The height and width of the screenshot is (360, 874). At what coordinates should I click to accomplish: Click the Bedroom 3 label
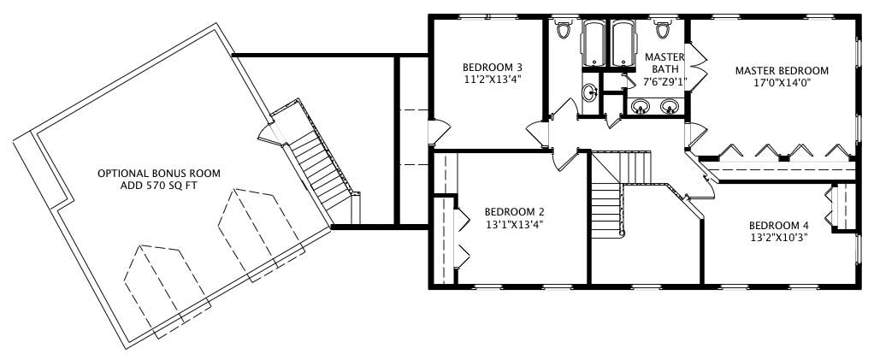pos(492,68)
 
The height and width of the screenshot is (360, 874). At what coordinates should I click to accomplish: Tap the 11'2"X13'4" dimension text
pos(492,80)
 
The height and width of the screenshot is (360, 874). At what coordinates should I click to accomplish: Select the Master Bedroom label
pos(782,70)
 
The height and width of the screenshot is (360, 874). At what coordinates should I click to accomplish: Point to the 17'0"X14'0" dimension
pos(782,83)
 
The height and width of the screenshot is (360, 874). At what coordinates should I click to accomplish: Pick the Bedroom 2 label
pos(514,212)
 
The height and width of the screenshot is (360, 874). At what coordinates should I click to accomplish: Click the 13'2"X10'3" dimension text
pos(777,237)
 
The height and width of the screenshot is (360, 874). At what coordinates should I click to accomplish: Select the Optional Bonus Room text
pos(158,173)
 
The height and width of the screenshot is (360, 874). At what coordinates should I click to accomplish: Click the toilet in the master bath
pos(663,30)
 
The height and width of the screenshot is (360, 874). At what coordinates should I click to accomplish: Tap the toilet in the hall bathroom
pos(563,30)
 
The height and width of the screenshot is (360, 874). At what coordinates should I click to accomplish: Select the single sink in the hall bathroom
pos(589,91)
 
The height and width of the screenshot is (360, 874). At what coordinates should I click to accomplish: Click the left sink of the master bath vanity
pos(641,107)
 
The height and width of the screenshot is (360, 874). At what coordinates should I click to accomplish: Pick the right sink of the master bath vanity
pos(670,107)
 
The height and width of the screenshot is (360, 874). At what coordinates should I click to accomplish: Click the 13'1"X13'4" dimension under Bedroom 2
pos(514,225)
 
